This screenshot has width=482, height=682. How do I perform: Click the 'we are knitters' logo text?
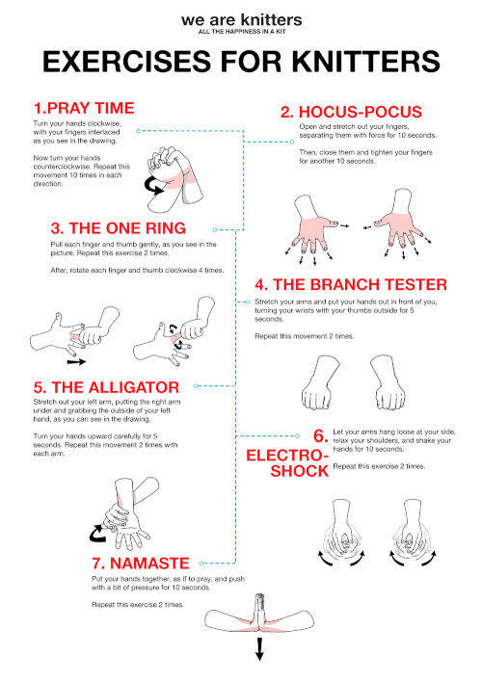click(x=241, y=18)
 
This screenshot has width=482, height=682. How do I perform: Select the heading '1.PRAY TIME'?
click(x=83, y=107)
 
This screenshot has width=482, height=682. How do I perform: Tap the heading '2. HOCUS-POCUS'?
click(x=352, y=112)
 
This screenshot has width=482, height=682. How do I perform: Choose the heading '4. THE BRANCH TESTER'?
click(x=351, y=284)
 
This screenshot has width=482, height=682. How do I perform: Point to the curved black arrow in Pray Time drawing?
click(x=154, y=184)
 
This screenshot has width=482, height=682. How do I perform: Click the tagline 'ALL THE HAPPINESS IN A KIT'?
click(x=241, y=31)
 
